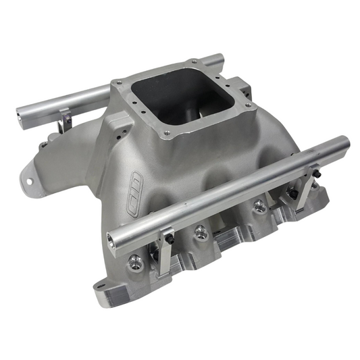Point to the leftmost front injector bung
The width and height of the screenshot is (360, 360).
pyautogui.click(x=136, y=261)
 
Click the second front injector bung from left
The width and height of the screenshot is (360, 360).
pyautogui.click(x=200, y=233)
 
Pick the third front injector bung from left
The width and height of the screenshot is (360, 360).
pyautogui.click(x=259, y=207)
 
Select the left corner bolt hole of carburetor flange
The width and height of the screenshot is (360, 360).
pyautogui.click(x=120, y=84)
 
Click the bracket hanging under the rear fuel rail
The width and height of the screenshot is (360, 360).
pyautogui.click(x=66, y=120)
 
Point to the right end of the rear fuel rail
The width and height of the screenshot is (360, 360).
pyautogui.click(x=219, y=59)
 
